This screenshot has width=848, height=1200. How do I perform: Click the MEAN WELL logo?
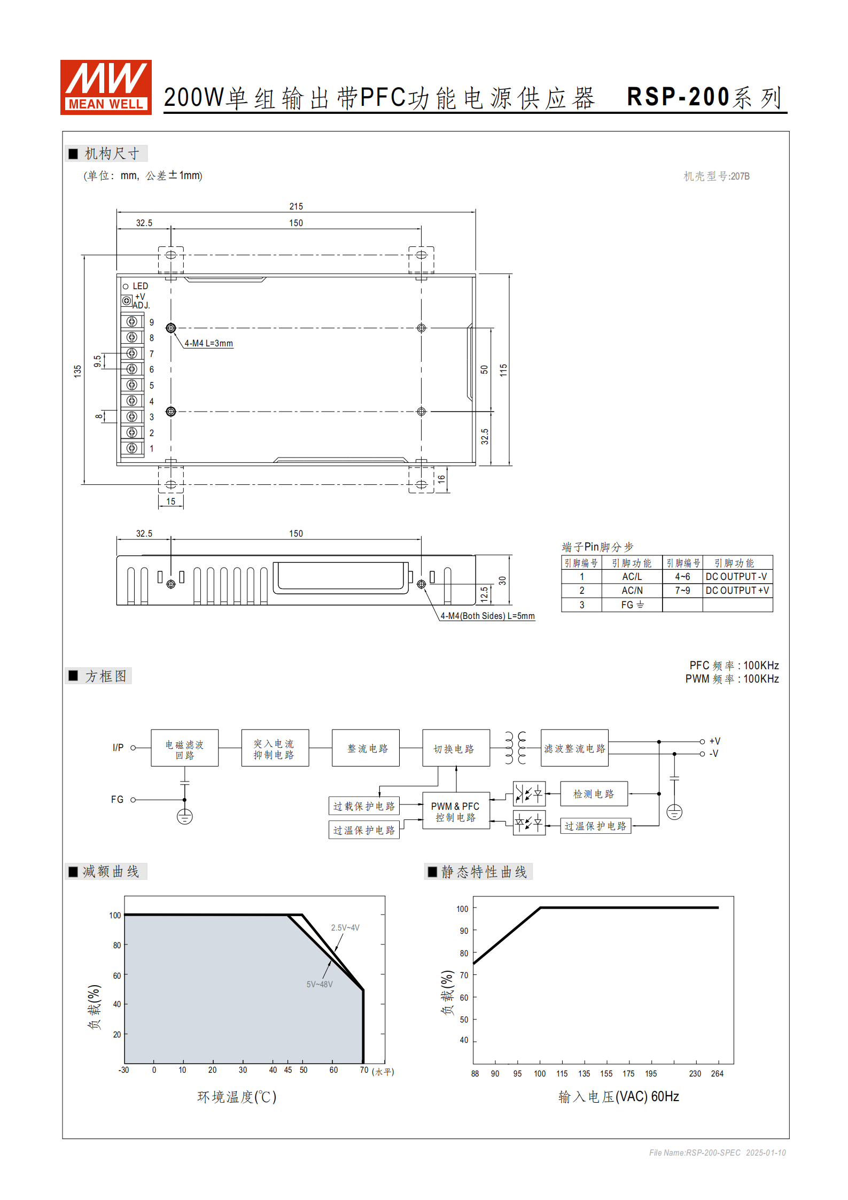tap(106, 87)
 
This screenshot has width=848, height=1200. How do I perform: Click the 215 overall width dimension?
tap(296, 206)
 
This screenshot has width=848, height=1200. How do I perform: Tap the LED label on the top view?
tap(140, 287)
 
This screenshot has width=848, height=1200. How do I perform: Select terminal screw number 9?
tap(132, 322)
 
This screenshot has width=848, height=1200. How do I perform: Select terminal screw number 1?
tap(132, 448)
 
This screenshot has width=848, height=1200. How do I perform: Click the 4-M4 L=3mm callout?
tap(208, 343)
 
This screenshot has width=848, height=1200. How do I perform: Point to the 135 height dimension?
tap(77, 371)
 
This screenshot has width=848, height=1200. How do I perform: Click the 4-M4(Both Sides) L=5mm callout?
tap(487, 616)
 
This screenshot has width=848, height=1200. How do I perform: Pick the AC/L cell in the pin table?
tap(632, 577)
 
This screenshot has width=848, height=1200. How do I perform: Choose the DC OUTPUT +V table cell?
tap(737, 591)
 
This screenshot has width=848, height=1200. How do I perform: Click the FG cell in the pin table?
tap(632, 605)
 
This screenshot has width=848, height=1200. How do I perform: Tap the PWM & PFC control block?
tap(455, 811)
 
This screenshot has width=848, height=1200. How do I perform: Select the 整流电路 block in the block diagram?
tap(366, 748)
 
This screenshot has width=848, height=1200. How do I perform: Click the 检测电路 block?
tap(593, 794)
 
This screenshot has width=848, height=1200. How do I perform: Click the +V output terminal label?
tap(714, 741)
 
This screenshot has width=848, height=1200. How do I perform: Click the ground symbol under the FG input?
tap(185, 817)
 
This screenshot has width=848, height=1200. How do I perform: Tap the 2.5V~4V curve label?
tap(345, 927)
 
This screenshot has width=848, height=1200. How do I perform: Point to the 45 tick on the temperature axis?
tap(288, 1070)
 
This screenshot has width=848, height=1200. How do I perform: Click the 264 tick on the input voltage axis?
tap(717, 1073)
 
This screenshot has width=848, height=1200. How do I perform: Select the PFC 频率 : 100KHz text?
tap(734, 665)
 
